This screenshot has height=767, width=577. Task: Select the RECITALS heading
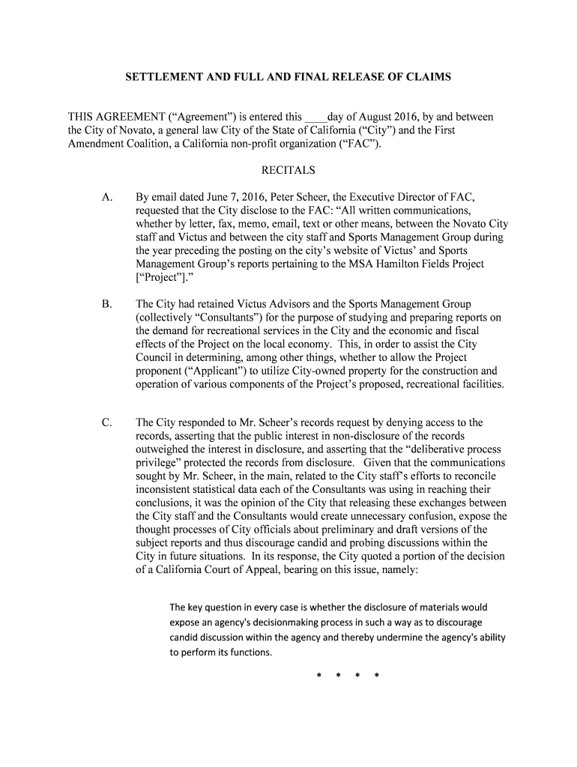pos(288,170)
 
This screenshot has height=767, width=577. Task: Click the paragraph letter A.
pos(107,197)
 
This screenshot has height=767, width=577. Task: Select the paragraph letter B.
pos(106,304)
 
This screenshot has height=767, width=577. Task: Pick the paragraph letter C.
pos(107,422)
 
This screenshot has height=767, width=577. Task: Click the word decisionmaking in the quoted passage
pos(288,622)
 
